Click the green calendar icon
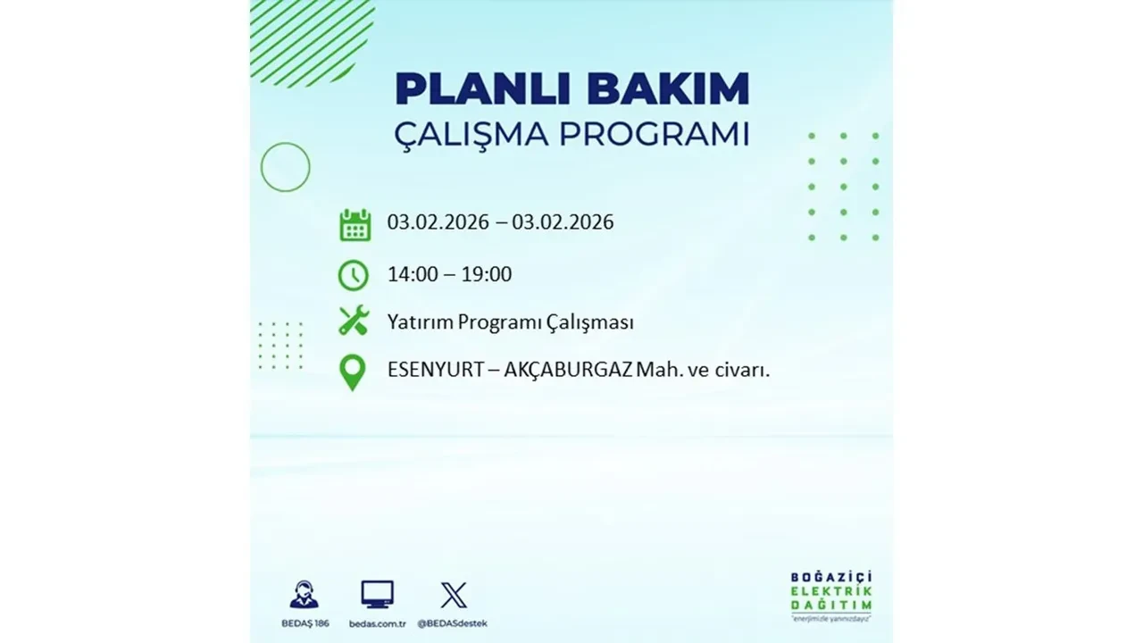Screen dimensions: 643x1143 (355, 225)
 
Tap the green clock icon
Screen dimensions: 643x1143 (354, 275)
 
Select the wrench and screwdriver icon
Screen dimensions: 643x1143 (354, 321)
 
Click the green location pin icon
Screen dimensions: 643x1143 (354, 372)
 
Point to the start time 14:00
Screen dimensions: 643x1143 (413, 274)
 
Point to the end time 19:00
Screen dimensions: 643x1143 (487, 274)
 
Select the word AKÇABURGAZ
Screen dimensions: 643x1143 (568, 370)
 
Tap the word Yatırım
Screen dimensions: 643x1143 (420, 322)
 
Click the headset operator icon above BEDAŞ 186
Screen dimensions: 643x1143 (304, 595)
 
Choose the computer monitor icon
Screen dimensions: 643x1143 (378, 595)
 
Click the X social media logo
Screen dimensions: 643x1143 (454, 595)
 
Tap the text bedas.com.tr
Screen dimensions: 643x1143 (378, 622)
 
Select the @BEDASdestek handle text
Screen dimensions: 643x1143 (454, 622)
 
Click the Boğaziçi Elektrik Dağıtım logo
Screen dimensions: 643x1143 (831, 595)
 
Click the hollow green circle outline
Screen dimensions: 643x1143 (285, 167)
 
